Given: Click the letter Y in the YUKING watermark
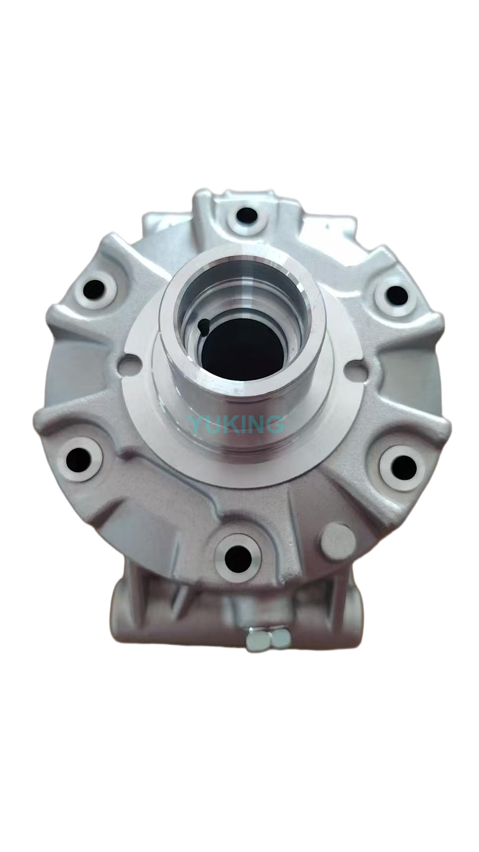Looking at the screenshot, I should [196, 423].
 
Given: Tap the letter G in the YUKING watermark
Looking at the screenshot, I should [275, 423].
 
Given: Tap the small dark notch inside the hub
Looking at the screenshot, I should [203, 324].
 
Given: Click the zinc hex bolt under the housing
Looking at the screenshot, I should [268, 638].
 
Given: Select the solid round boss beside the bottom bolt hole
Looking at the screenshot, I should [337, 539].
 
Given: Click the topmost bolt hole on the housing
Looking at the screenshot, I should [247, 215].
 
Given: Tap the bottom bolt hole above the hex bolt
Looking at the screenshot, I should [238, 558].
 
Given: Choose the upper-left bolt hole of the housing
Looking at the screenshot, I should [94, 289].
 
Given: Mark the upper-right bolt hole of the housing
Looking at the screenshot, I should [397, 295].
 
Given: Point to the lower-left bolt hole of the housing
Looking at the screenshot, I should [79, 459].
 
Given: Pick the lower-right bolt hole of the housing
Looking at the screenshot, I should [403, 468].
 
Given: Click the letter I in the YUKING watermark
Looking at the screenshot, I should [244, 423].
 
